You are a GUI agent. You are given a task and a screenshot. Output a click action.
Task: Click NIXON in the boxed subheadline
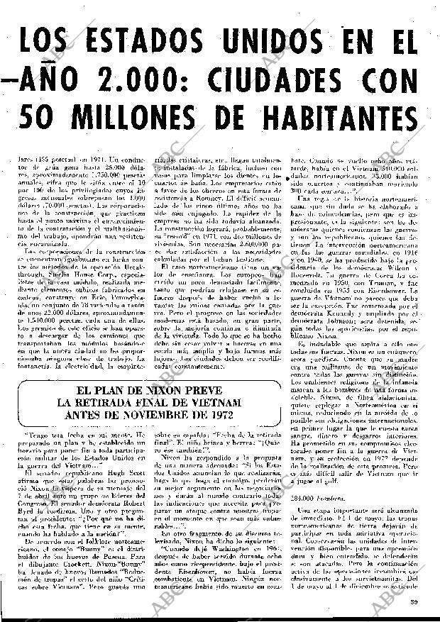[x=181, y=390]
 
